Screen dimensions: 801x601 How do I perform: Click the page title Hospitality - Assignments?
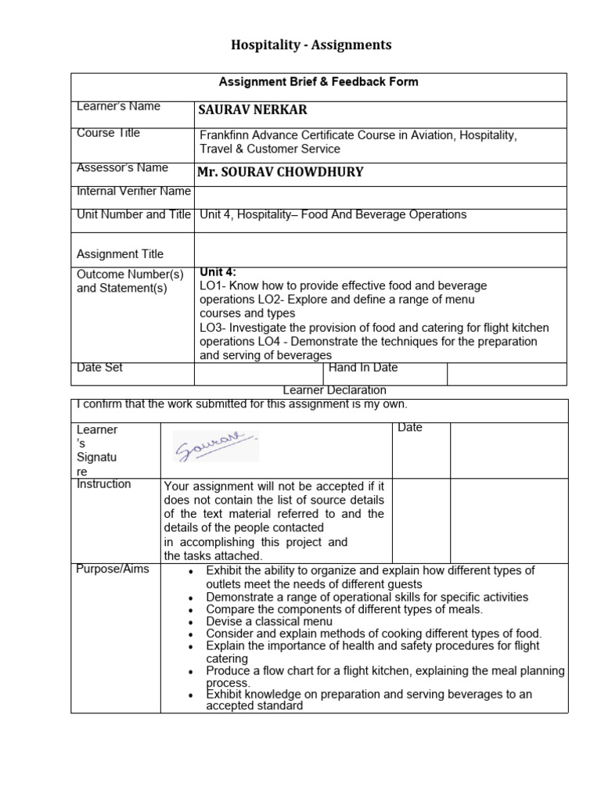coord(311,45)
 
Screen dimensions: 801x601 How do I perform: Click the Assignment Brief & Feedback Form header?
coord(318,82)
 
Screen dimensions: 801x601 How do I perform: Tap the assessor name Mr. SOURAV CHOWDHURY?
coord(281,172)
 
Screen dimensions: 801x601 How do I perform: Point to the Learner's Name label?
coord(118,106)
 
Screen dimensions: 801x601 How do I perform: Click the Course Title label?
coord(108,133)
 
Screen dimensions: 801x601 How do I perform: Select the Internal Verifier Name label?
coord(133,191)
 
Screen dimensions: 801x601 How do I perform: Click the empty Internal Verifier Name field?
coord(380,197)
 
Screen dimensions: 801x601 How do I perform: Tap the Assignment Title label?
coord(120,254)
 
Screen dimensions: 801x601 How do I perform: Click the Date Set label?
coord(99,368)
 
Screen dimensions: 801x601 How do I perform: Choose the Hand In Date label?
coord(363,368)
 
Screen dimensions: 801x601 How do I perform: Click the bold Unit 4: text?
coord(218,272)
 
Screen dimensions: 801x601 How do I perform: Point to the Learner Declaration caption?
coord(334,390)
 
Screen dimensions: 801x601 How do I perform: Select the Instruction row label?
coord(103,484)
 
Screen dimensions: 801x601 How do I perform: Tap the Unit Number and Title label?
coord(133,214)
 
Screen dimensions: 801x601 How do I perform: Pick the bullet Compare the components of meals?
coord(344,609)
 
